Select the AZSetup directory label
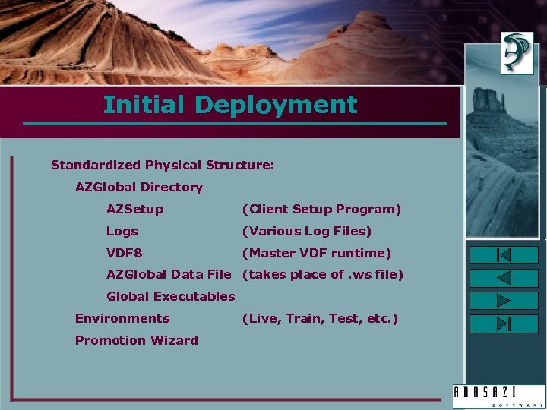pyautogui.click(x=134, y=209)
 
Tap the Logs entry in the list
pyautogui.click(x=122, y=231)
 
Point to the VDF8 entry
pyautogui.click(x=124, y=253)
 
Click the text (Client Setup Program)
pyautogui.click(x=321, y=209)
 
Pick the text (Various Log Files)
pyautogui.click(x=306, y=231)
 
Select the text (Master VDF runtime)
pyautogui.click(x=316, y=253)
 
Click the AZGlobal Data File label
pyautogui.click(x=168, y=275)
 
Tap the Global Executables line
pyautogui.click(x=170, y=297)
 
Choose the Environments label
pyautogui.click(x=122, y=318)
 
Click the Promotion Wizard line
pyautogui.click(x=136, y=340)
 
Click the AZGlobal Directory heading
pyautogui.click(x=138, y=187)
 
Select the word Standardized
pyautogui.click(x=96, y=165)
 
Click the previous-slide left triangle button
pyautogui.click(x=504, y=278)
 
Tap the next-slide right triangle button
pyautogui.click(x=504, y=301)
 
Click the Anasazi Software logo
pyautogui.click(x=498, y=396)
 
